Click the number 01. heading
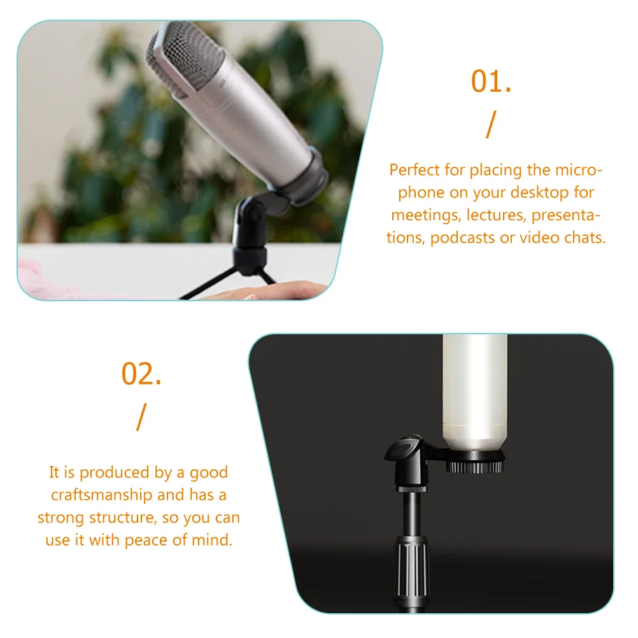tap(491, 83)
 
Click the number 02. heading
tap(141, 374)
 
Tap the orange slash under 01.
tap(490, 125)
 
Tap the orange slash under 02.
tap(141, 418)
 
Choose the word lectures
tap(495, 215)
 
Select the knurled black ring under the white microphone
tap(474, 467)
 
